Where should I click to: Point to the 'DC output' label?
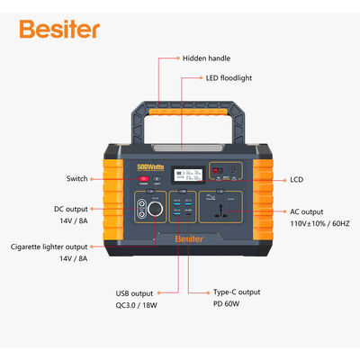click(71, 209)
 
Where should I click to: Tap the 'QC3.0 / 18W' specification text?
click(133, 306)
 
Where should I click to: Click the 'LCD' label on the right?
click(296, 179)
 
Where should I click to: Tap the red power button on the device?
click(142, 180)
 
